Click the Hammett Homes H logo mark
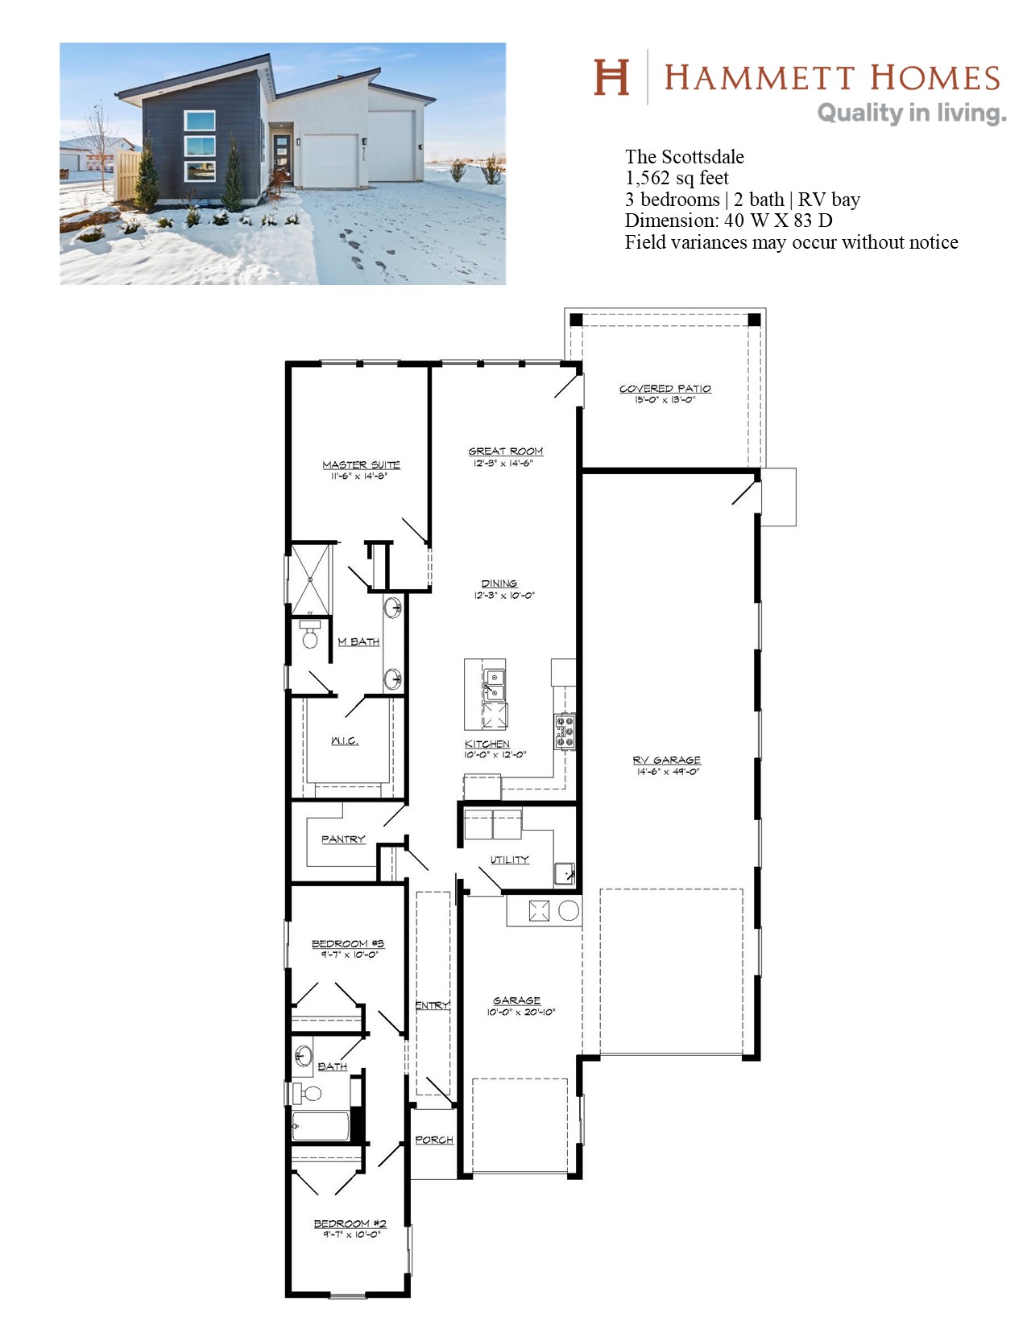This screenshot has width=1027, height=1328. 611,77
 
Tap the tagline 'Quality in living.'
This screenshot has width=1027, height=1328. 911,113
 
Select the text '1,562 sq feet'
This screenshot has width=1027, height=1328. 677,178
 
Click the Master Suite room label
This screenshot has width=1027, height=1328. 361,465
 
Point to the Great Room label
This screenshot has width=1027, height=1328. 505,452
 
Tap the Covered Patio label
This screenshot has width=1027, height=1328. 665,389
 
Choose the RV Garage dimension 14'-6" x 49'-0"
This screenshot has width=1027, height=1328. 667,772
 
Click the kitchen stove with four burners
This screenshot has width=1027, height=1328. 564,732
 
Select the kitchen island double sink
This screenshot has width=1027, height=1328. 495,685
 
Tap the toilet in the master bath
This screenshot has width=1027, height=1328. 309,635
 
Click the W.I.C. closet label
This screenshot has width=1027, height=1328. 345,740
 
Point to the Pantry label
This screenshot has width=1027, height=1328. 343,839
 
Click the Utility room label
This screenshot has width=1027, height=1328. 510,860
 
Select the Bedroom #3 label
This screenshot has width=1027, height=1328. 347,943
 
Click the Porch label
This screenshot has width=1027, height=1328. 433,1140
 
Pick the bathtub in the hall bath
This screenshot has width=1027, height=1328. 321,1126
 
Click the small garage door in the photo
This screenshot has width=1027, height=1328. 329,161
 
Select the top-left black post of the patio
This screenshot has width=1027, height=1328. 576,320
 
